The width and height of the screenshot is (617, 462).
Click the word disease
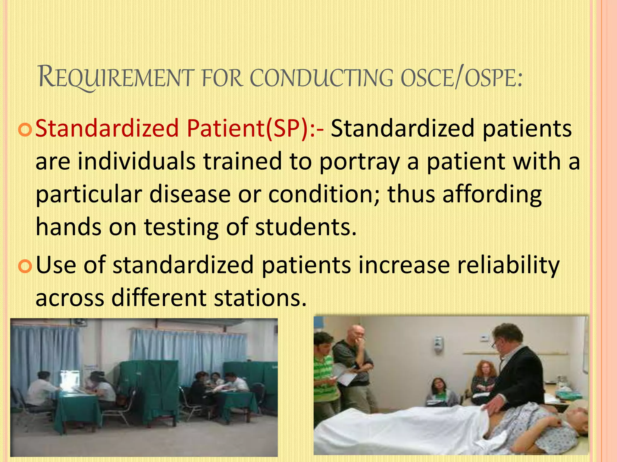[x=190, y=194]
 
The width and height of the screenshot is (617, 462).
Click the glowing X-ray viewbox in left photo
[x=70, y=380]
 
